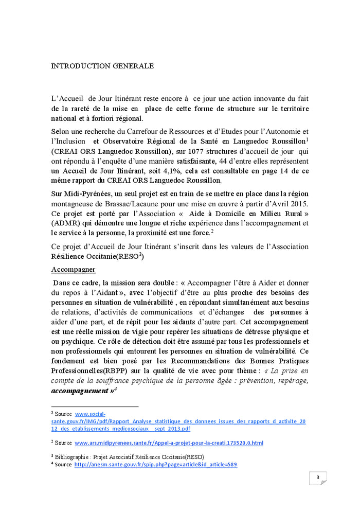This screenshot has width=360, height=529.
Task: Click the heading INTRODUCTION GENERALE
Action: point(102,66)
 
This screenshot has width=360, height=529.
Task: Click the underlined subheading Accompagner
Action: point(73,270)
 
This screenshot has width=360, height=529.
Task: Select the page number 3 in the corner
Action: point(318,478)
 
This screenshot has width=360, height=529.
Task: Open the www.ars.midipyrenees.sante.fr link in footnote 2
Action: point(169,443)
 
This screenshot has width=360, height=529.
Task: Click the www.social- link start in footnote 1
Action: point(90,414)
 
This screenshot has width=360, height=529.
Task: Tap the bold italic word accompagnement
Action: point(80,391)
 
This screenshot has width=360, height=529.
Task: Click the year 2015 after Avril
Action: point(299,203)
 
